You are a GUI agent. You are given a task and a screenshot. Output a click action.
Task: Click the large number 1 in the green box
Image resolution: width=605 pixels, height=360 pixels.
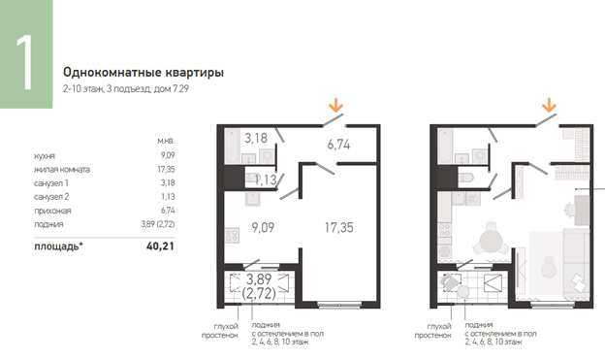tap(24, 62)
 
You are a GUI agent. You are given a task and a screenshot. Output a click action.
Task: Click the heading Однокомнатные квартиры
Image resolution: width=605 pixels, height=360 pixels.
tap(143, 73)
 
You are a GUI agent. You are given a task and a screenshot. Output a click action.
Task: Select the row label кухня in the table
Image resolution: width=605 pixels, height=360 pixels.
tap(45, 156)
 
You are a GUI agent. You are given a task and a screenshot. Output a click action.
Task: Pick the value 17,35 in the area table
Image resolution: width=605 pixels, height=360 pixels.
tap(168, 169)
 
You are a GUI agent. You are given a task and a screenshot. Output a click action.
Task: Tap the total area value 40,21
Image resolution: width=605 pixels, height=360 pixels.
tap(160, 246)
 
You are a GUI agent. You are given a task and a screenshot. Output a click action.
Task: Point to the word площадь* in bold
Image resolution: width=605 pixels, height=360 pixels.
tap(58, 246)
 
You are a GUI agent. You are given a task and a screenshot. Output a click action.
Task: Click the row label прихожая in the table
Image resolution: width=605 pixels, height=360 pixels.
tap(52, 211)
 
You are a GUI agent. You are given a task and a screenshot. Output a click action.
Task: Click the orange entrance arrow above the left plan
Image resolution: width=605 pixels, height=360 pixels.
tap(335, 105)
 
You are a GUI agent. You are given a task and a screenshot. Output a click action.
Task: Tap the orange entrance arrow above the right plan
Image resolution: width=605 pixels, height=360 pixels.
tap(549, 105)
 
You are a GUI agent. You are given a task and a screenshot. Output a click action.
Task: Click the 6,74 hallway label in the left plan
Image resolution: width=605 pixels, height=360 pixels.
tap(338, 145)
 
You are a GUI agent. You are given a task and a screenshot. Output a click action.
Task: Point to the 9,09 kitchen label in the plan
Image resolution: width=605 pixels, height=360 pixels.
tap(263, 227)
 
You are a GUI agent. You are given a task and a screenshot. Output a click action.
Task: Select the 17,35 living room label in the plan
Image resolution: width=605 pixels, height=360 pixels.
tap(338, 227)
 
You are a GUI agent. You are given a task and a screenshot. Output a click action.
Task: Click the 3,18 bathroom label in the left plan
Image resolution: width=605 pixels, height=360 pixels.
tap(256, 138)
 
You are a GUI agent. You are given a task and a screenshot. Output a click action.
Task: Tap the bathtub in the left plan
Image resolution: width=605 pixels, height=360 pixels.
tap(233, 146)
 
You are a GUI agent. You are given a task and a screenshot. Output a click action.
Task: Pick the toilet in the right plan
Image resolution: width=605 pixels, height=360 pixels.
tap(465, 178)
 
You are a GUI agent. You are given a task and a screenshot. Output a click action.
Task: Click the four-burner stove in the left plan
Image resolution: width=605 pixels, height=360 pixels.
tap(232, 235)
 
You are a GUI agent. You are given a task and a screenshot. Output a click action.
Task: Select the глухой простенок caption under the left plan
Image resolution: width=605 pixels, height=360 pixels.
tap(220, 331)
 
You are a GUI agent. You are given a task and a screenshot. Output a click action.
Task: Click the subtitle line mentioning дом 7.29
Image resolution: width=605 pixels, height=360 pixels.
tap(126, 89)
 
